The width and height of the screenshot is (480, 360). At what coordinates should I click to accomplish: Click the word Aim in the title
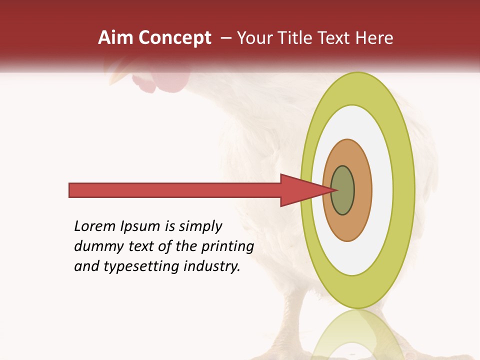[x=115, y=38]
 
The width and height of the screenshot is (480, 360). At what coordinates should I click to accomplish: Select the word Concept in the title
[x=174, y=38]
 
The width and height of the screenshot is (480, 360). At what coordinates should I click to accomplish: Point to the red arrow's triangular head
[x=305, y=190]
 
